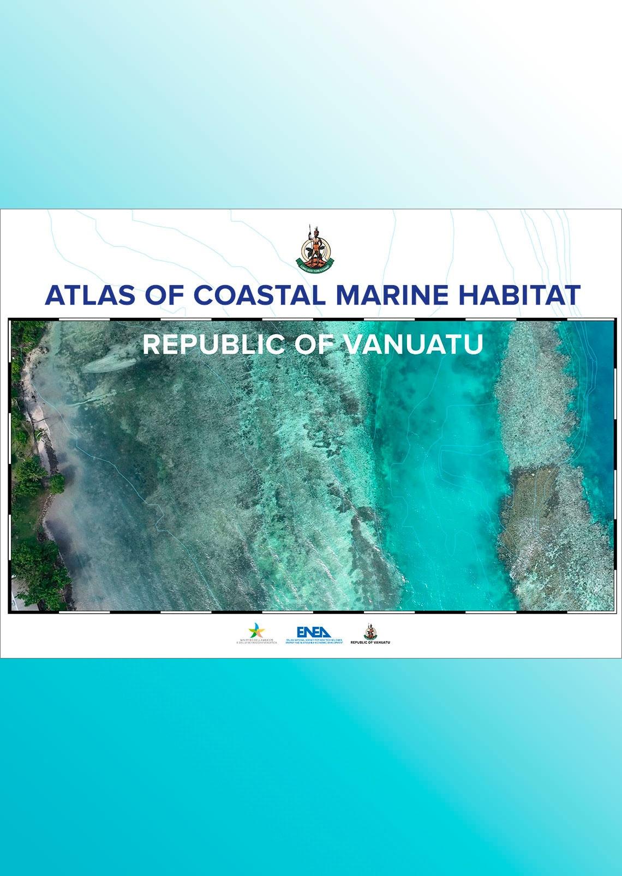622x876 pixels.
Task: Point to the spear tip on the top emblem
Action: point(309,227)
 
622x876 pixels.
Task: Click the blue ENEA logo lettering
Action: point(314,632)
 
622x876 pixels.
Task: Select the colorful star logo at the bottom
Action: point(256,631)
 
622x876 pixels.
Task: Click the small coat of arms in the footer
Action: point(370,631)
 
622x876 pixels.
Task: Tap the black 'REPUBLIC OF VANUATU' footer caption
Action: point(370,643)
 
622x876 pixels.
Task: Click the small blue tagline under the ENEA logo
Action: point(314,642)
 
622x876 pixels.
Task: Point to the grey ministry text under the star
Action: point(256,642)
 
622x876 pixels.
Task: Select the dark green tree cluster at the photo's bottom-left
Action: point(38,572)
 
